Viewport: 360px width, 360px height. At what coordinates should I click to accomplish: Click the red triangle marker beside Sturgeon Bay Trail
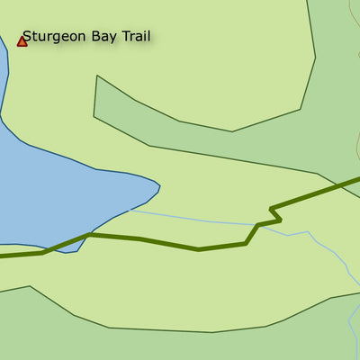point(22,41)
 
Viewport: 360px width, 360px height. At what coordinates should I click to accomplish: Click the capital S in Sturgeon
point(27,36)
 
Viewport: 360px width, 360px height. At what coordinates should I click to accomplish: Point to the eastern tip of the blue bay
point(159,187)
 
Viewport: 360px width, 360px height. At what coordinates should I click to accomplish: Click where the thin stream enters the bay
point(131,211)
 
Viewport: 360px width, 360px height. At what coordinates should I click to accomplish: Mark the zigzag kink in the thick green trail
point(273,217)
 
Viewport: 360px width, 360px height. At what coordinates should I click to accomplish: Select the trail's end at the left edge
point(2,256)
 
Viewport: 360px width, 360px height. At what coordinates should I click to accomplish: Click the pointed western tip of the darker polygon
point(96,77)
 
